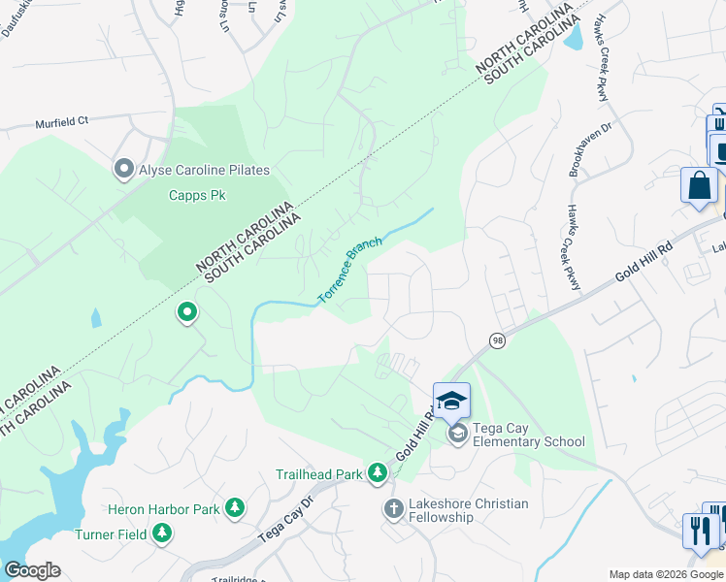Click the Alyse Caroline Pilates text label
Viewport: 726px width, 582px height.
(x=204, y=170)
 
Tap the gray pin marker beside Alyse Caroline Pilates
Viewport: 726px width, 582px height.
(x=123, y=170)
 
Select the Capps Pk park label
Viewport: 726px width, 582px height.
(x=197, y=195)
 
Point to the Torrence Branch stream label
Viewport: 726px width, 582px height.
(x=350, y=271)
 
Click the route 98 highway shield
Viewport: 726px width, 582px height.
(x=497, y=339)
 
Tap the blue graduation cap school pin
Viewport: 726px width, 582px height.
(x=451, y=400)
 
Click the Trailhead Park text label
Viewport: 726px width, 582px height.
(x=318, y=473)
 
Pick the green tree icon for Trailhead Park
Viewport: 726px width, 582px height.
(x=378, y=472)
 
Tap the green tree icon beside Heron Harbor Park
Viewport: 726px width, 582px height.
(x=234, y=507)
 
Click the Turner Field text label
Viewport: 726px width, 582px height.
(x=112, y=533)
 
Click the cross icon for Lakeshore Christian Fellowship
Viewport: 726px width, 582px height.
(x=394, y=508)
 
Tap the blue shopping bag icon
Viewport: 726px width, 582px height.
(x=699, y=184)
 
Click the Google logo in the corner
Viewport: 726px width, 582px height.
(x=32, y=569)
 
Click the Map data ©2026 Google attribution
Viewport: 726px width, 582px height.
(x=666, y=574)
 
